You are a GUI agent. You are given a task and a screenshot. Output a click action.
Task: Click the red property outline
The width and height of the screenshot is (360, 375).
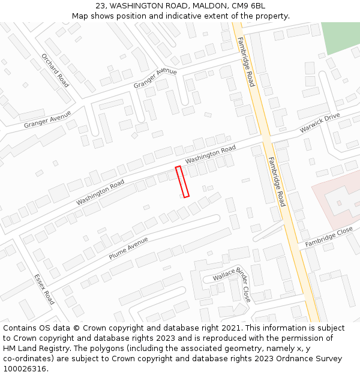182,181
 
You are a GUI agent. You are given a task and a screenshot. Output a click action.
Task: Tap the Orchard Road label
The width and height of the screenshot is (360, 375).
55,70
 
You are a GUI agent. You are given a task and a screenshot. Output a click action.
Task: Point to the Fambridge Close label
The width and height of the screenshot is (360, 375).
329,237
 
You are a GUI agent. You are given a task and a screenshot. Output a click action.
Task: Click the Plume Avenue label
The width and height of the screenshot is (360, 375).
128,248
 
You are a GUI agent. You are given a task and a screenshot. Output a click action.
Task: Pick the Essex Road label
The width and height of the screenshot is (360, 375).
44,289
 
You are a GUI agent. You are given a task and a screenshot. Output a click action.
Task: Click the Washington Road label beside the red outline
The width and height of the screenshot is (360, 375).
211,154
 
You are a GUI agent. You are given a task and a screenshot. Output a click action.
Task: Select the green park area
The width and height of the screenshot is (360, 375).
340,37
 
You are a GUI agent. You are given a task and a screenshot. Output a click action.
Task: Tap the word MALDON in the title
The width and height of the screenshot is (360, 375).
209,6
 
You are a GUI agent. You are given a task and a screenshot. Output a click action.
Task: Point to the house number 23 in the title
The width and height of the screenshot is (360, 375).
100,6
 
